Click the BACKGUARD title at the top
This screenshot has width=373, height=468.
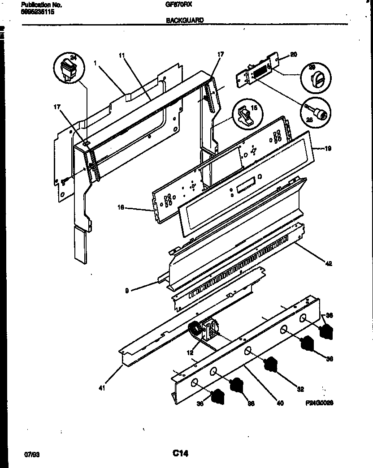(x=185, y=20)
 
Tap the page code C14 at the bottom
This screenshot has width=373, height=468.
(x=180, y=454)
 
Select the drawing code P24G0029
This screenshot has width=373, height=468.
(x=319, y=403)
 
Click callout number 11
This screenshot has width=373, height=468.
(x=121, y=56)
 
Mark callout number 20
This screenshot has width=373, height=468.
(x=294, y=55)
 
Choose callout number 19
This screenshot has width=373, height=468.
(x=328, y=148)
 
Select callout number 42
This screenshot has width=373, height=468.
(x=328, y=263)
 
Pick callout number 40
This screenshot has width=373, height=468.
(x=280, y=403)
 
